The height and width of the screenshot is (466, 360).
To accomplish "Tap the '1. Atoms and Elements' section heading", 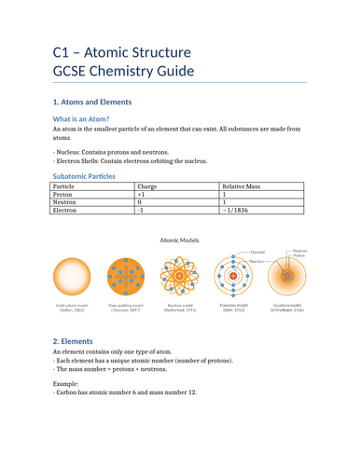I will tap(91, 102).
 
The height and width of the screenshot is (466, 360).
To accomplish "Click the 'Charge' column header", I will tap(147, 186).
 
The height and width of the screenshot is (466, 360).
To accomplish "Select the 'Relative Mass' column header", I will tap(242, 186).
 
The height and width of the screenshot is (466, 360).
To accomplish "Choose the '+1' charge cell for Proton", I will tap(143, 199).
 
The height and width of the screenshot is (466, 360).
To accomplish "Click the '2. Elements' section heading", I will tap(79, 342).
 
